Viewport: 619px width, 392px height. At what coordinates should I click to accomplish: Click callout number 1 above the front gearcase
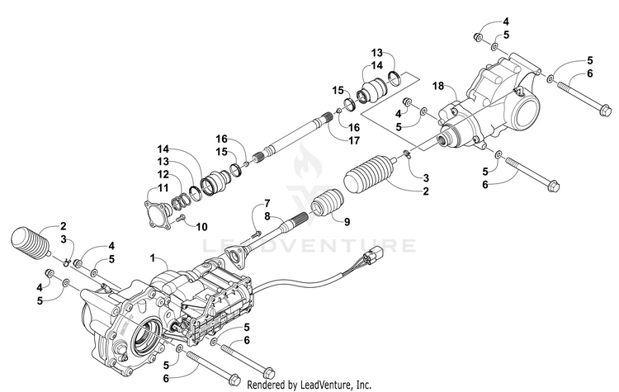[151, 258]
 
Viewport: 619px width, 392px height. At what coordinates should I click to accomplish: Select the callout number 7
[267, 202]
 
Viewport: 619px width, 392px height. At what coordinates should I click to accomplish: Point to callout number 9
[347, 221]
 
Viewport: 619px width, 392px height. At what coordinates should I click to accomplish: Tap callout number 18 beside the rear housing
[438, 86]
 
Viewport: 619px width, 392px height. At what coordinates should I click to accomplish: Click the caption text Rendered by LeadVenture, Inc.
[309, 385]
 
